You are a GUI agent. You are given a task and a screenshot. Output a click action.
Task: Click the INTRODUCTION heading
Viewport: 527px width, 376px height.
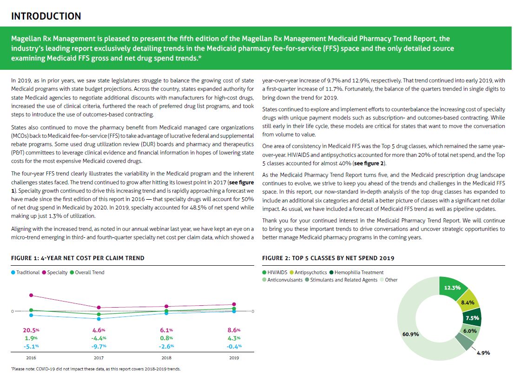point(46,16)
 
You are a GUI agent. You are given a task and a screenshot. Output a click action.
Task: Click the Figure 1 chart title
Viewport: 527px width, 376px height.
point(78,258)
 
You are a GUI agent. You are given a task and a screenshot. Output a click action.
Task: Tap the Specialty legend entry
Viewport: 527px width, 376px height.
point(55,272)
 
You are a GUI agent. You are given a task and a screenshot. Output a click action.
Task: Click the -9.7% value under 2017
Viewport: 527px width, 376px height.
point(99,346)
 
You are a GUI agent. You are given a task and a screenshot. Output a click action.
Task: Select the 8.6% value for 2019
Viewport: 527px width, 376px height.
point(234,330)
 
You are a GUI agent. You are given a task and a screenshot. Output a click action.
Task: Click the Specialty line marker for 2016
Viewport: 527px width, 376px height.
point(31,295)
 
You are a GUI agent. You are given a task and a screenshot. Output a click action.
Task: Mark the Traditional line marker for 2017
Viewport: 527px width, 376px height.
point(99,319)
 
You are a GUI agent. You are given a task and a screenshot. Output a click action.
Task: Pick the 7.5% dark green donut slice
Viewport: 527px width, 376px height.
point(472,318)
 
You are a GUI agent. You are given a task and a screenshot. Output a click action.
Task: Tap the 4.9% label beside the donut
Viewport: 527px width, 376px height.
point(484,353)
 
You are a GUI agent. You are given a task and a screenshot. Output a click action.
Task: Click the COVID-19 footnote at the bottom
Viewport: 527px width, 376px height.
point(96,369)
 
